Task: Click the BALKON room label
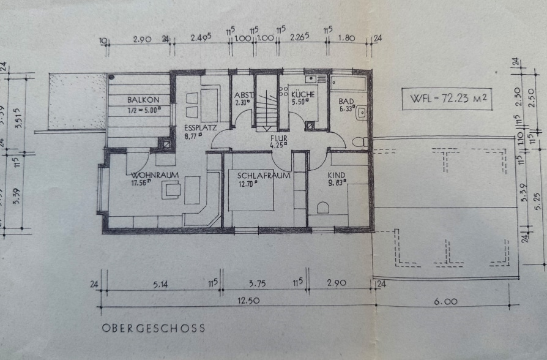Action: coord(143,100)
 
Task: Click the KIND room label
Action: coord(337,175)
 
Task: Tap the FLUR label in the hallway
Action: coord(278,138)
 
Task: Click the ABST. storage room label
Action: coord(244,95)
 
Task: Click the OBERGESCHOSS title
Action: coord(153,328)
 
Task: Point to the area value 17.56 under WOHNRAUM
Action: coord(140,182)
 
